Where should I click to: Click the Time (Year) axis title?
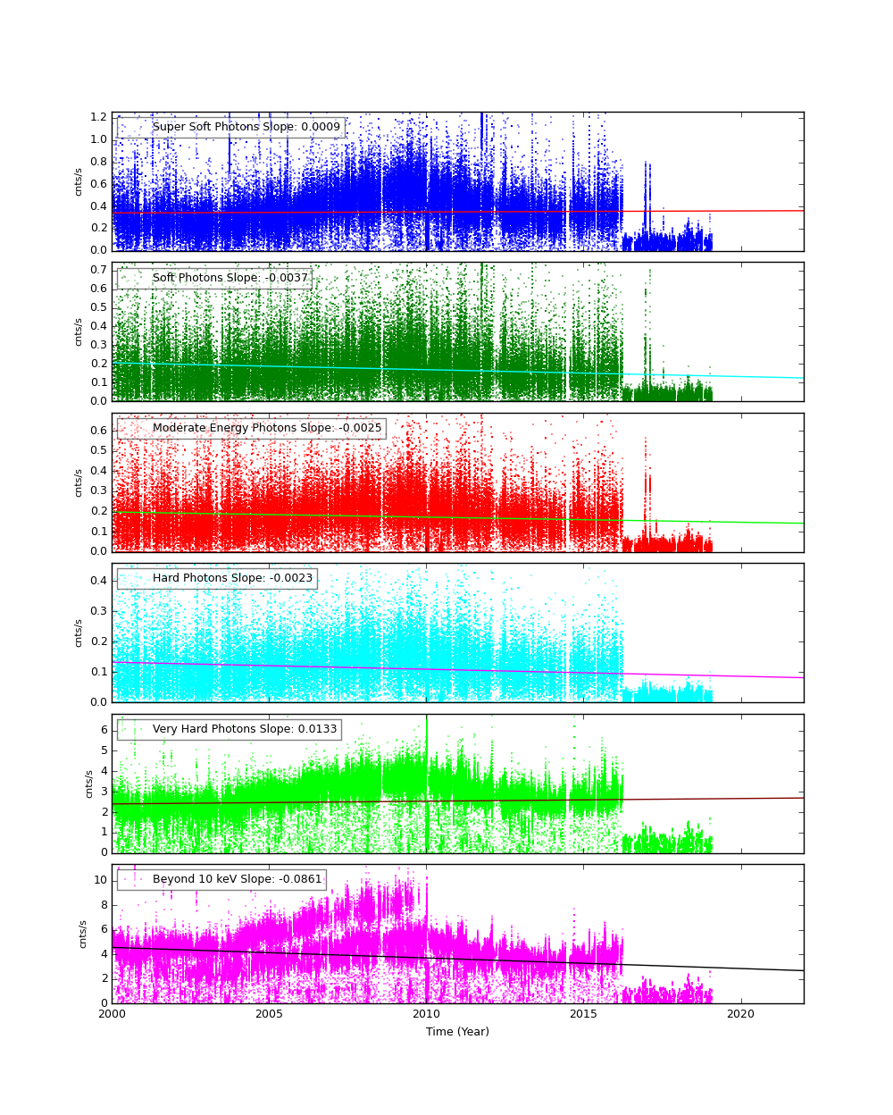pyautogui.click(x=457, y=1032)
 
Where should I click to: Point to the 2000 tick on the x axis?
pyautogui.click(x=112, y=1014)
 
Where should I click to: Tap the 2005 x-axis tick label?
pyautogui.click(x=269, y=1014)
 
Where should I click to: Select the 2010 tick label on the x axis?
pyautogui.click(x=426, y=1014)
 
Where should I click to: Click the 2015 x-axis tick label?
pyautogui.click(x=583, y=1014)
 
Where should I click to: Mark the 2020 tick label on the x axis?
pyautogui.click(x=740, y=1014)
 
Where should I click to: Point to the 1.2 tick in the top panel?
pyautogui.click(x=98, y=117)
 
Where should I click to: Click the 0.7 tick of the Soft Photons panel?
pyautogui.click(x=98, y=270)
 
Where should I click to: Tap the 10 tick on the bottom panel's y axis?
pyautogui.click(x=100, y=880)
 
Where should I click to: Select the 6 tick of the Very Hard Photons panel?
pyautogui.click(x=104, y=730)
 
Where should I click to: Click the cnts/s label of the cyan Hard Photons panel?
pyautogui.click(x=78, y=633)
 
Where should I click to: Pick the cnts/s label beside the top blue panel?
pyautogui.click(x=78, y=181)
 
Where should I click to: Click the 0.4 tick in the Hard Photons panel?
pyautogui.click(x=98, y=581)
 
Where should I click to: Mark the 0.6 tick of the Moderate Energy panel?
pyautogui.click(x=98, y=431)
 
